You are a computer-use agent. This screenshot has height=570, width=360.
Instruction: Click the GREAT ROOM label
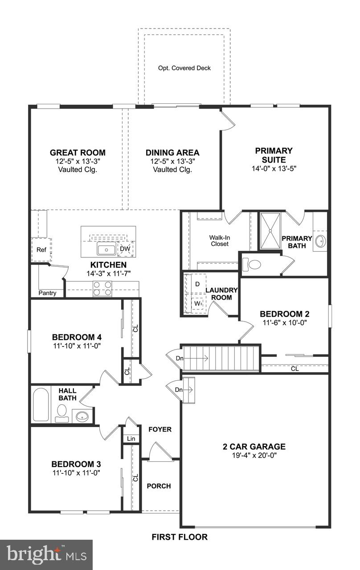pos(78,153)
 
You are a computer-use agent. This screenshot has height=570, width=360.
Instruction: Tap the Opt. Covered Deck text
pos(184,68)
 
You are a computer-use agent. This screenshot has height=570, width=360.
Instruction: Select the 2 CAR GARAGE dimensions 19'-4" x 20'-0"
pos(254,456)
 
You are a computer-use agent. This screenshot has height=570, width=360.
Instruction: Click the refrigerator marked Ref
pos(41,250)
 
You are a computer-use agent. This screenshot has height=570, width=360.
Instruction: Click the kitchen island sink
pos(106,249)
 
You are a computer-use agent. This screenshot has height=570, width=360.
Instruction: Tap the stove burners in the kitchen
pos(102,289)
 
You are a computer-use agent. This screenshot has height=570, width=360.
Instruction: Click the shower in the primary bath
pos(270,231)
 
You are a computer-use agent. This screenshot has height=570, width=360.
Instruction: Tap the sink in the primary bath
pos(320,241)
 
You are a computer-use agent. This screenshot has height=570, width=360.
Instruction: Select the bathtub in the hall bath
pos(41,404)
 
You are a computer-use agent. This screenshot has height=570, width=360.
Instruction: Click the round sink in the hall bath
pos(82,417)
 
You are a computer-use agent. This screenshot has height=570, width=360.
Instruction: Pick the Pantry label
pos(47,293)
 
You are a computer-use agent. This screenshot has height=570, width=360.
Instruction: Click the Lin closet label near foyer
pos(131,439)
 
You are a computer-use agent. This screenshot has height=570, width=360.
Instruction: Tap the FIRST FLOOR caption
pos(180,537)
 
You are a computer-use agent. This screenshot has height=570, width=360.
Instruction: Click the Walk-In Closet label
pos(219,240)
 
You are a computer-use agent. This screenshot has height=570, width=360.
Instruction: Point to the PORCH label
pos(159,486)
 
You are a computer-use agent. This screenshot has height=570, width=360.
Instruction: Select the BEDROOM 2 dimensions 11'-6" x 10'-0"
pos(284,322)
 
